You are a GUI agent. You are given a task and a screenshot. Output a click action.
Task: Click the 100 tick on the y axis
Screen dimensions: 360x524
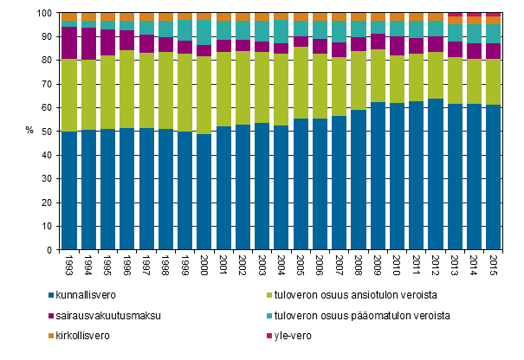(x=44, y=14)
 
